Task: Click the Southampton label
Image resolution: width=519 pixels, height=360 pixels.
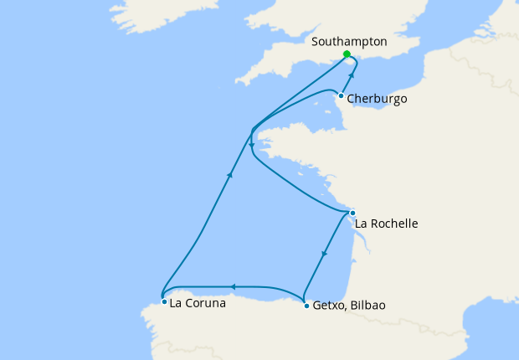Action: (348, 41)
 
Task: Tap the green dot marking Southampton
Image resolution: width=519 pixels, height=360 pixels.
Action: (347, 54)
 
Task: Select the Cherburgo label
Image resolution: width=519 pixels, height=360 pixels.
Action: (377, 99)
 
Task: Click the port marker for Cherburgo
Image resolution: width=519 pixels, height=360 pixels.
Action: (341, 95)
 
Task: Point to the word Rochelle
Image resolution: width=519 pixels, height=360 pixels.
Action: (394, 224)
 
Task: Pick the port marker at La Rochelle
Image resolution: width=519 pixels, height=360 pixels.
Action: (352, 213)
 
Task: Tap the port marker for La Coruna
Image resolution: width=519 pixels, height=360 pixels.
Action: (164, 301)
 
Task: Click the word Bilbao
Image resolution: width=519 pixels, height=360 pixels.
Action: (370, 306)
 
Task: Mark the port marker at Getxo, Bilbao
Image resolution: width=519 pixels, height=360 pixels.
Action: (306, 306)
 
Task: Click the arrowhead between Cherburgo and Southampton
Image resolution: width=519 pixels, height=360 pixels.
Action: (352, 77)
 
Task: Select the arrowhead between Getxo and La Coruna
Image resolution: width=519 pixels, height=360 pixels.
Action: (234, 286)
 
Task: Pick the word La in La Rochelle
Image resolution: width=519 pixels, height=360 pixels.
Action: (362, 224)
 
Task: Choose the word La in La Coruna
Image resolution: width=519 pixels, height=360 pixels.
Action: (176, 304)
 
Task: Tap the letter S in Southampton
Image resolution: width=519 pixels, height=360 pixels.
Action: (314, 41)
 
